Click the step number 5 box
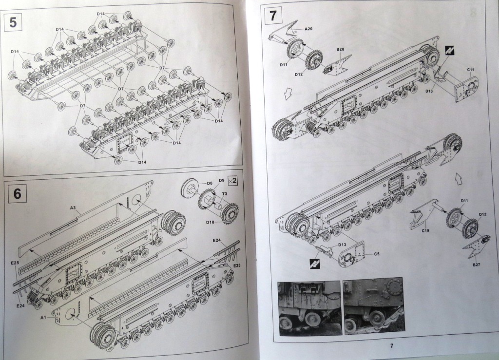pos(13,22)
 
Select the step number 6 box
pos(18,193)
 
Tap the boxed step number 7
pos(273,16)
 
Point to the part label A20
pos(308,29)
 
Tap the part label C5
pos(377,254)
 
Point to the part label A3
pos(72,208)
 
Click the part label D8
pos(209,184)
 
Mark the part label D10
pos(210,222)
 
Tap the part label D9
pos(221,181)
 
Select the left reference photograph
pos(308,307)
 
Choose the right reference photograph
pos(373,305)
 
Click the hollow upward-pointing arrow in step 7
pos(458,178)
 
